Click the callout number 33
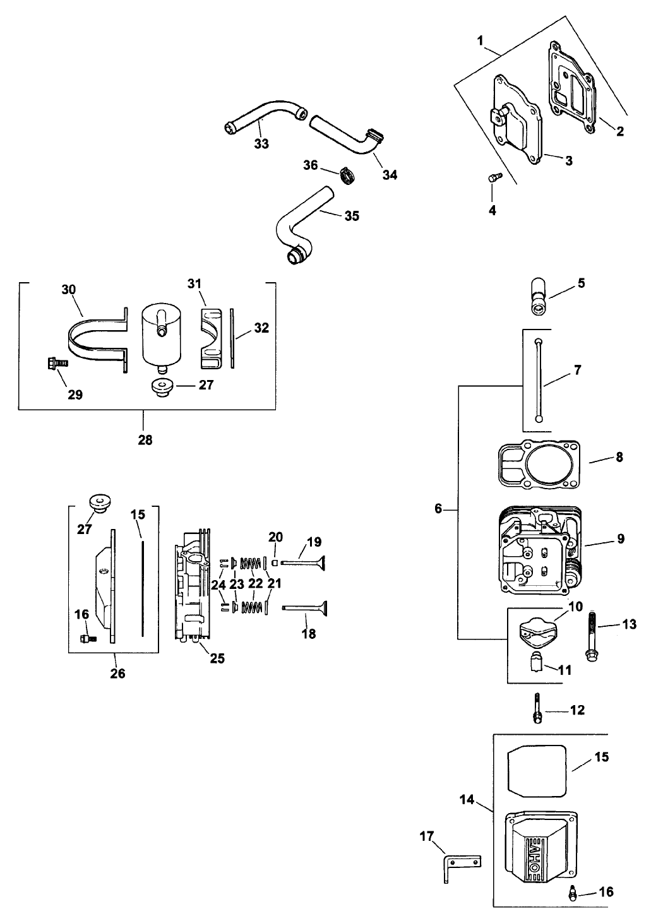pos(261,144)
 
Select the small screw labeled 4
pos(493,179)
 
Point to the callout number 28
pos(145,440)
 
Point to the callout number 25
pos(217,658)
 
